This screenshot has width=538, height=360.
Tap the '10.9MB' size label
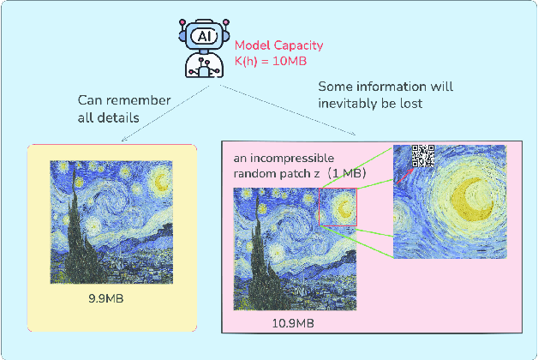[294, 322]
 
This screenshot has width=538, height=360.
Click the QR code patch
[423, 156]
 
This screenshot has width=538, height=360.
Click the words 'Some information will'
[386, 87]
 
